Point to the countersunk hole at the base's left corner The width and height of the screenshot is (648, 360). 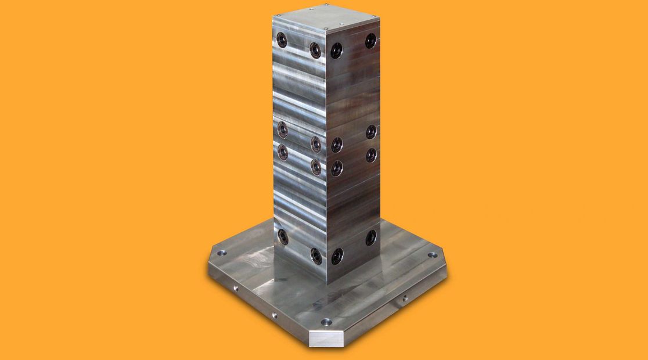pos(221,254)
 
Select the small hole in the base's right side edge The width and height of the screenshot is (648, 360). pos(405,299)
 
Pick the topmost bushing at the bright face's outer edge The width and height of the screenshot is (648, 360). pos(282,39)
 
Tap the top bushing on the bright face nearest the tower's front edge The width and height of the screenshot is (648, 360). pos(315,49)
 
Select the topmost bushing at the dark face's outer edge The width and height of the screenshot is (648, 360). pos(370,40)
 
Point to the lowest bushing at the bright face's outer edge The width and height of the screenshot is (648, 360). pos(282,235)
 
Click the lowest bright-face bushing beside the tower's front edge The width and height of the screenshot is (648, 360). pos(316,254)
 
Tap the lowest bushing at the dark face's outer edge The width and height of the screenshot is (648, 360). pos(370,236)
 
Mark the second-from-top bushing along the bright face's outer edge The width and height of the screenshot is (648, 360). pos(282,128)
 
